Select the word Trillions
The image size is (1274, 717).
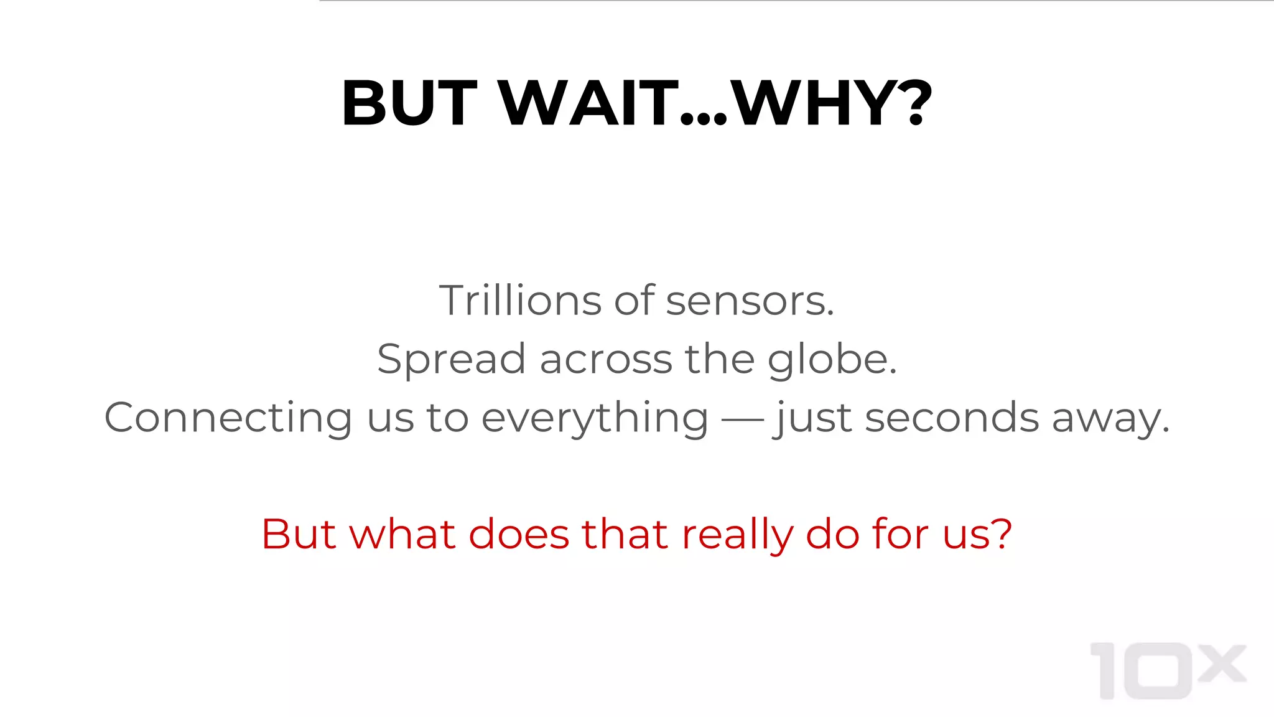[520, 301]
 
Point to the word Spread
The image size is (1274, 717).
[451, 360]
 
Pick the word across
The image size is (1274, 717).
[605, 360]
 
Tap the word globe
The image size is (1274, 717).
[831, 360]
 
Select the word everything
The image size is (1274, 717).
[595, 418]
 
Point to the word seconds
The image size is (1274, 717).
[952, 418]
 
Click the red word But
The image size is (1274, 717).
[299, 534]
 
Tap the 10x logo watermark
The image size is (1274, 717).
[1167, 671]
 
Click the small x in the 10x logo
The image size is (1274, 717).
[1222, 663]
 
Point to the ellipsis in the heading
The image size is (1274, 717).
[703, 118]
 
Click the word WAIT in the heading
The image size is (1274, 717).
[588, 103]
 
